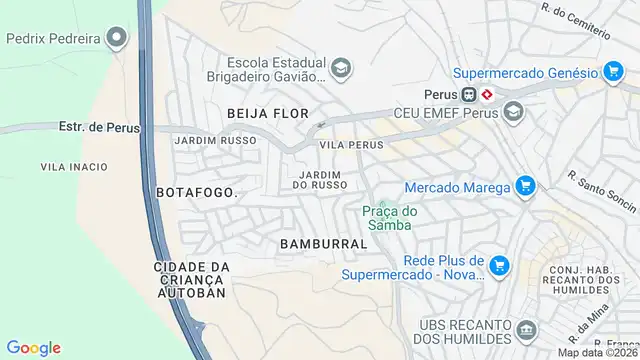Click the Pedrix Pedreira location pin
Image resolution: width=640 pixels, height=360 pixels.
118,39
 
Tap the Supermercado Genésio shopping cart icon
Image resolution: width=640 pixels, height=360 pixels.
613,72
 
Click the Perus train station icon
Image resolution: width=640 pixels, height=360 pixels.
487,94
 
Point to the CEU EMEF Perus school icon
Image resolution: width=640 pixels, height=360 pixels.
514,112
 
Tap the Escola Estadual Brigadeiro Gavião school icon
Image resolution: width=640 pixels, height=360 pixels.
341,68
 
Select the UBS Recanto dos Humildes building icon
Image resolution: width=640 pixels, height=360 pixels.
527,331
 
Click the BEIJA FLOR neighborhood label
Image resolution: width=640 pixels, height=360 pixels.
267,113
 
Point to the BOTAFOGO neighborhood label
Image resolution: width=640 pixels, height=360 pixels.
196,191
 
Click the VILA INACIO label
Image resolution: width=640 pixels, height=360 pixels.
74,166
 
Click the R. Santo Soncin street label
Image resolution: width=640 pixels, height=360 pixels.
602,191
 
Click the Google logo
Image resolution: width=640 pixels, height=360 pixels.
33,348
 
